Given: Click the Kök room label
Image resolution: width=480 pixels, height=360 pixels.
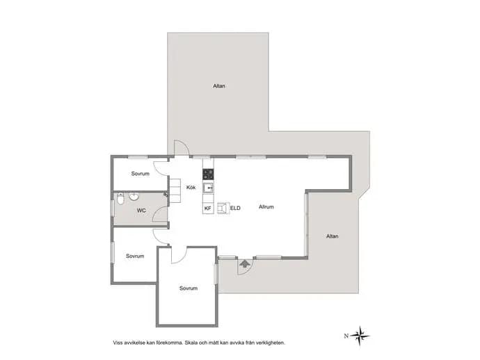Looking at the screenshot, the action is pyautogui.click(x=191, y=187).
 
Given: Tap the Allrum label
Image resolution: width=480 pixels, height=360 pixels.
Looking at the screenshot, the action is pyautogui.click(x=266, y=207).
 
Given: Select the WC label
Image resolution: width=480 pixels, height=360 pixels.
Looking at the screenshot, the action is pyautogui.click(x=141, y=211).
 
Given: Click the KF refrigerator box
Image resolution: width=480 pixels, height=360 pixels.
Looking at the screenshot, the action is pyautogui.click(x=208, y=208).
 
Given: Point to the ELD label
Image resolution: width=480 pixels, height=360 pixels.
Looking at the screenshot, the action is pyautogui.click(x=235, y=208).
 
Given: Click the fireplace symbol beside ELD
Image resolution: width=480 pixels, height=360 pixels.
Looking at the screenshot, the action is pyautogui.click(x=223, y=208).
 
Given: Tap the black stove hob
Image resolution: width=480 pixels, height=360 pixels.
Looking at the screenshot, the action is pyautogui.click(x=208, y=174).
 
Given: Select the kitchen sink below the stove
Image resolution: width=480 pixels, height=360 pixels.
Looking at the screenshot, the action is pyautogui.click(x=208, y=188).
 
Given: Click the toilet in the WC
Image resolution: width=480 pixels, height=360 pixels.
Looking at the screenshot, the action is pyautogui.click(x=120, y=199).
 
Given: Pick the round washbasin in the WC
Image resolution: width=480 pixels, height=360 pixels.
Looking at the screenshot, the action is pyautogui.click(x=134, y=197).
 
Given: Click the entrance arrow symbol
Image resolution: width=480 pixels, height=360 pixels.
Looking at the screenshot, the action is pyautogui.click(x=244, y=263).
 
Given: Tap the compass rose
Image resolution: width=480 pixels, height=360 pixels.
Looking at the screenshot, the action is pyautogui.click(x=360, y=336).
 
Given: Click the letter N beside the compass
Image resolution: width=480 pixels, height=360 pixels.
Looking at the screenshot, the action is pyautogui.click(x=346, y=336).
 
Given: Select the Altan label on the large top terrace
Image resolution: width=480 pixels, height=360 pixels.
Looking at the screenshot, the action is pyautogui.click(x=219, y=86).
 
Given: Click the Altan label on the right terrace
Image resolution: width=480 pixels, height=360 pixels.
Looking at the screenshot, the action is pyautogui.click(x=332, y=236).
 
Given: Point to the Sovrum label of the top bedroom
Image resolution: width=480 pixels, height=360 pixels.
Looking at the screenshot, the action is pyautogui.click(x=141, y=174).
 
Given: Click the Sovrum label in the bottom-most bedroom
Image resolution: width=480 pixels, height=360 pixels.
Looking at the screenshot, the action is pyautogui.click(x=189, y=288).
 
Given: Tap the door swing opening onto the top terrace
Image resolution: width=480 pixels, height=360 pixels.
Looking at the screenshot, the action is pyautogui.click(x=182, y=147).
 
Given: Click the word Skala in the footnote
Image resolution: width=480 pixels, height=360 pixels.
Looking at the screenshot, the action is pyautogui.click(x=191, y=343).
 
